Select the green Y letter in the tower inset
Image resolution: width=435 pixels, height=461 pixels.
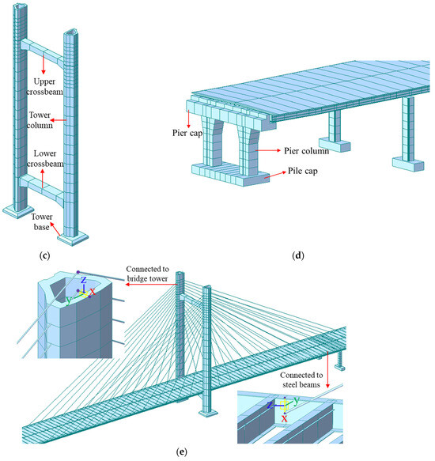pos(69,300)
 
